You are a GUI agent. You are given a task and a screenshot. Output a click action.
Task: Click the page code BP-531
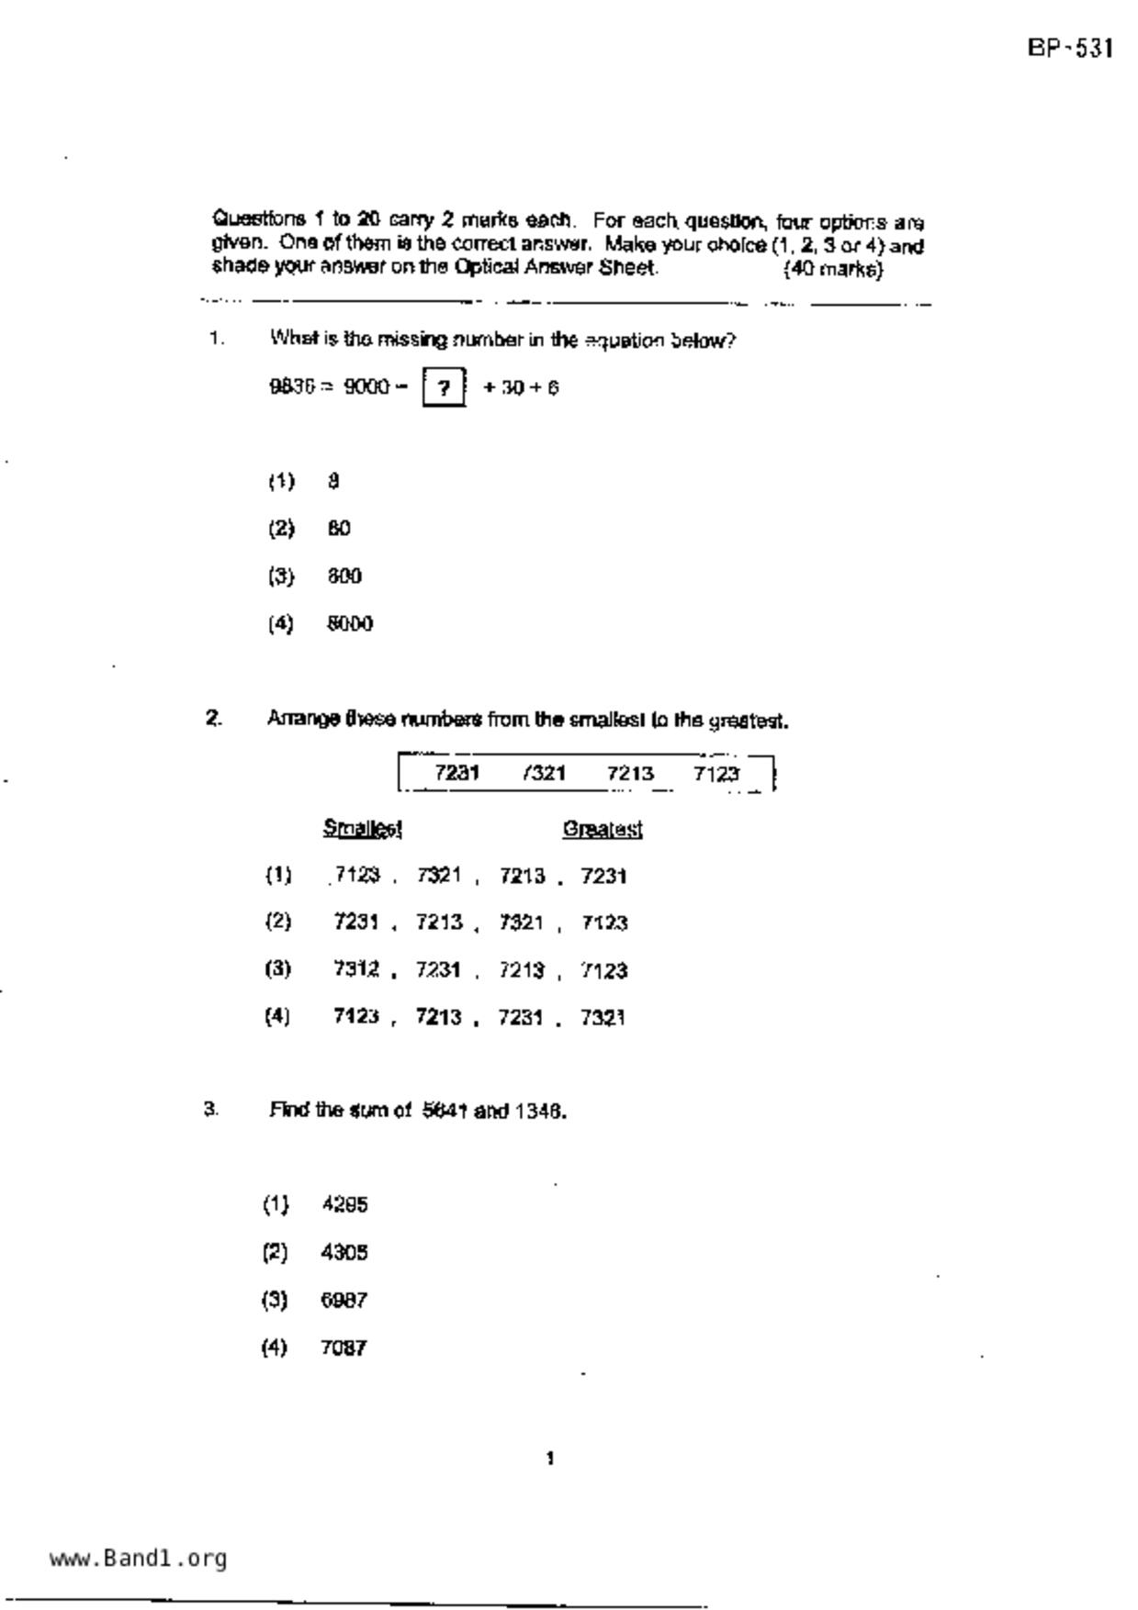(x=1070, y=48)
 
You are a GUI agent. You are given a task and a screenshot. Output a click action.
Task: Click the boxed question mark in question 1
(x=444, y=387)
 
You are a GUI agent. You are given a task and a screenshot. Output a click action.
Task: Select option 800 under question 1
(x=344, y=576)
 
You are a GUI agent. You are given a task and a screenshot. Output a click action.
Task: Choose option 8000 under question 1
(x=350, y=624)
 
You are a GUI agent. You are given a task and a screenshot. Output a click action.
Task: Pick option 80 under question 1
(x=339, y=529)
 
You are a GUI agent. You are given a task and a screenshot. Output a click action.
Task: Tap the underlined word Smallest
(x=363, y=829)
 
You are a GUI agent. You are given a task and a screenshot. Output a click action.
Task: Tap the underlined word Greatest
(x=603, y=830)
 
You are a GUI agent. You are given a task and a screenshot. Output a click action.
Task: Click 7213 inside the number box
(x=630, y=774)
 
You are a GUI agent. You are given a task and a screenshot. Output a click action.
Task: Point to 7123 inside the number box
(x=716, y=774)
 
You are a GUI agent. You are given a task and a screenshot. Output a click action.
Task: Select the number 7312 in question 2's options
(x=356, y=969)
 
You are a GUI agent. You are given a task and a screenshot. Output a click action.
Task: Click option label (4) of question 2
(x=277, y=1016)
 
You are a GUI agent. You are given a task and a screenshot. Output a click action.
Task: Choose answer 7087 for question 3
(x=344, y=1348)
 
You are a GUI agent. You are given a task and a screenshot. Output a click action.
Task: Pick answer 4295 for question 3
(x=345, y=1204)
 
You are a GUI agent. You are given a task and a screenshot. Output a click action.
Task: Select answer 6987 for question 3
(x=344, y=1301)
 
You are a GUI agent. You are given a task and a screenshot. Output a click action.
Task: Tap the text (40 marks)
(x=833, y=269)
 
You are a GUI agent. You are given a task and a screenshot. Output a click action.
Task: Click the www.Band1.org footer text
(x=138, y=1558)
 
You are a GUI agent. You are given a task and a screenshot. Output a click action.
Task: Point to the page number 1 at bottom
(x=549, y=1459)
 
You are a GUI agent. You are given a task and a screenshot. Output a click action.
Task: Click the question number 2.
(x=213, y=718)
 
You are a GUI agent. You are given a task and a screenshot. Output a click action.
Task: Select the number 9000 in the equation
(x=366, y=387)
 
